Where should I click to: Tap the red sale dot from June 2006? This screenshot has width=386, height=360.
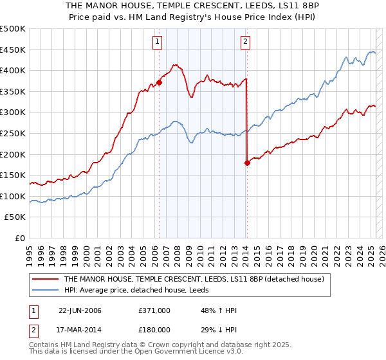(159, 82)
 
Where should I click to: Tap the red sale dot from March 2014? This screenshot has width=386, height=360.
(247, 163)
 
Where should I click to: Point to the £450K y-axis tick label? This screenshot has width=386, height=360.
(13, 50)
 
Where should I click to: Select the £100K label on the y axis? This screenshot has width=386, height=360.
(13, 196)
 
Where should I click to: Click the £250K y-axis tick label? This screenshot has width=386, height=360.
(13, 133)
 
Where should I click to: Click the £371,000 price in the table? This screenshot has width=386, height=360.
(154, 310)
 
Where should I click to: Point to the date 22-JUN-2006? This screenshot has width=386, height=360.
(80, 310)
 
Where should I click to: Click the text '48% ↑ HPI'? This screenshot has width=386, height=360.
(219, 310)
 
